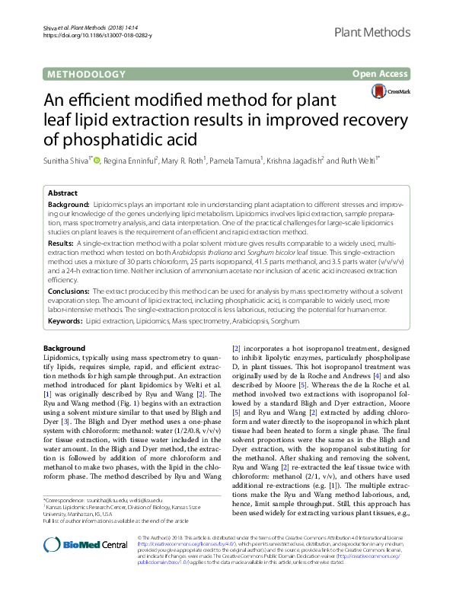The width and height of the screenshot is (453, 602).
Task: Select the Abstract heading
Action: coord(62,193)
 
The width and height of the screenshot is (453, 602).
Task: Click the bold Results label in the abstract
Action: coord(62,240)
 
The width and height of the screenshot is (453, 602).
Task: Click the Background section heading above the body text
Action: coord(65,347)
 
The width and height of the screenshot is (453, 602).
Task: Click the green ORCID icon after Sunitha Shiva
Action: coord(97,161)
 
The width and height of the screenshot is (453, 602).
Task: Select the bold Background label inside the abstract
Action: coord(68,206)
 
